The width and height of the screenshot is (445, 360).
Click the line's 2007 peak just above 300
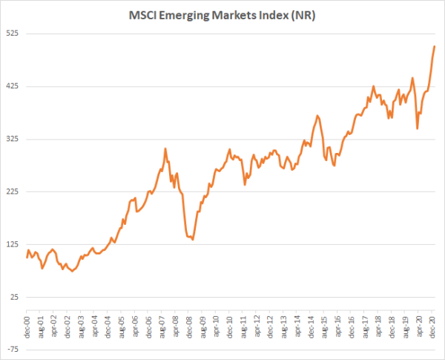click(x=165, y=148)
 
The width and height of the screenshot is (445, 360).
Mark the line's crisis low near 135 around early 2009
click(x=193, y=240)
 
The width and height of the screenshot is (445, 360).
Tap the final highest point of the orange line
click(x=435, y=46)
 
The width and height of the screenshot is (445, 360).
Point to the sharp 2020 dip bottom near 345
click(x=418, y=128)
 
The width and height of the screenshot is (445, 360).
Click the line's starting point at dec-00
click(x=27, y=258)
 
